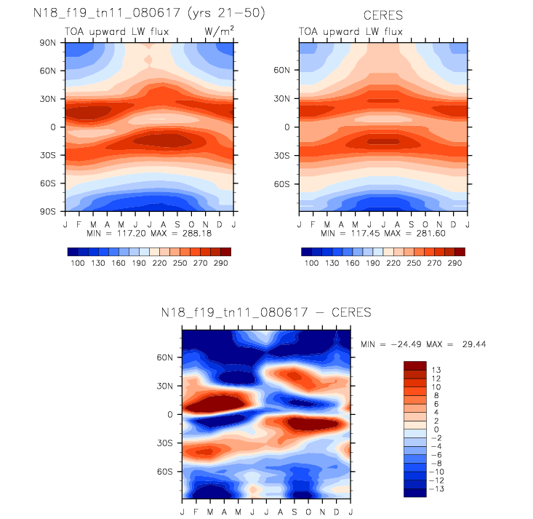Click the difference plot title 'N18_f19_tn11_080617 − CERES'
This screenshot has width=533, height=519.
(x=266, y=313)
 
